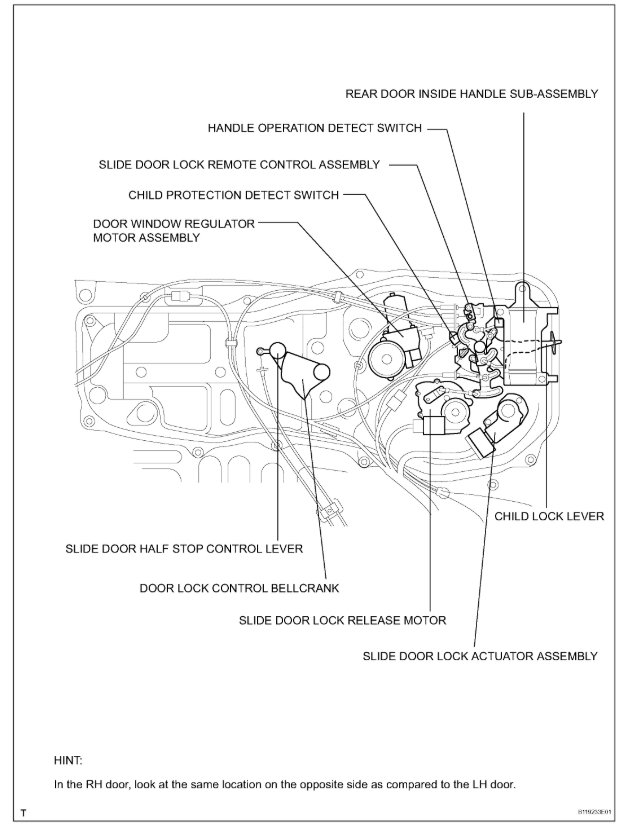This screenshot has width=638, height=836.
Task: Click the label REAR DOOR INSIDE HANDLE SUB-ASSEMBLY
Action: click(x=471, y=93)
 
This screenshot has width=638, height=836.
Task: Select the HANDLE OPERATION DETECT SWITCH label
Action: click(x=315, y=129)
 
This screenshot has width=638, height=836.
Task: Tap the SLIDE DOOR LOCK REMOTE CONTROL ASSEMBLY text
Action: click(x=239, y=163)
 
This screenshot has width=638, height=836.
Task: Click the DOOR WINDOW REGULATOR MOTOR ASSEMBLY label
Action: click(x=174, y=231)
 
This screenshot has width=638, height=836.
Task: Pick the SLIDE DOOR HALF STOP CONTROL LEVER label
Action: click(x=183, y=549)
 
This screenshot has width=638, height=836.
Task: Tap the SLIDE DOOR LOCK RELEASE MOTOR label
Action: click(x=342, y=620)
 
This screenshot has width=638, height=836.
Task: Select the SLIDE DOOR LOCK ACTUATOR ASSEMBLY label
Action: click(x=480, y=656)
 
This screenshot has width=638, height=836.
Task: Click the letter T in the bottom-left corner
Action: click(x=23, y=813)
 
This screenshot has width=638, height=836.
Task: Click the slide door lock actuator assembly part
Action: click(x=506, y=419)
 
